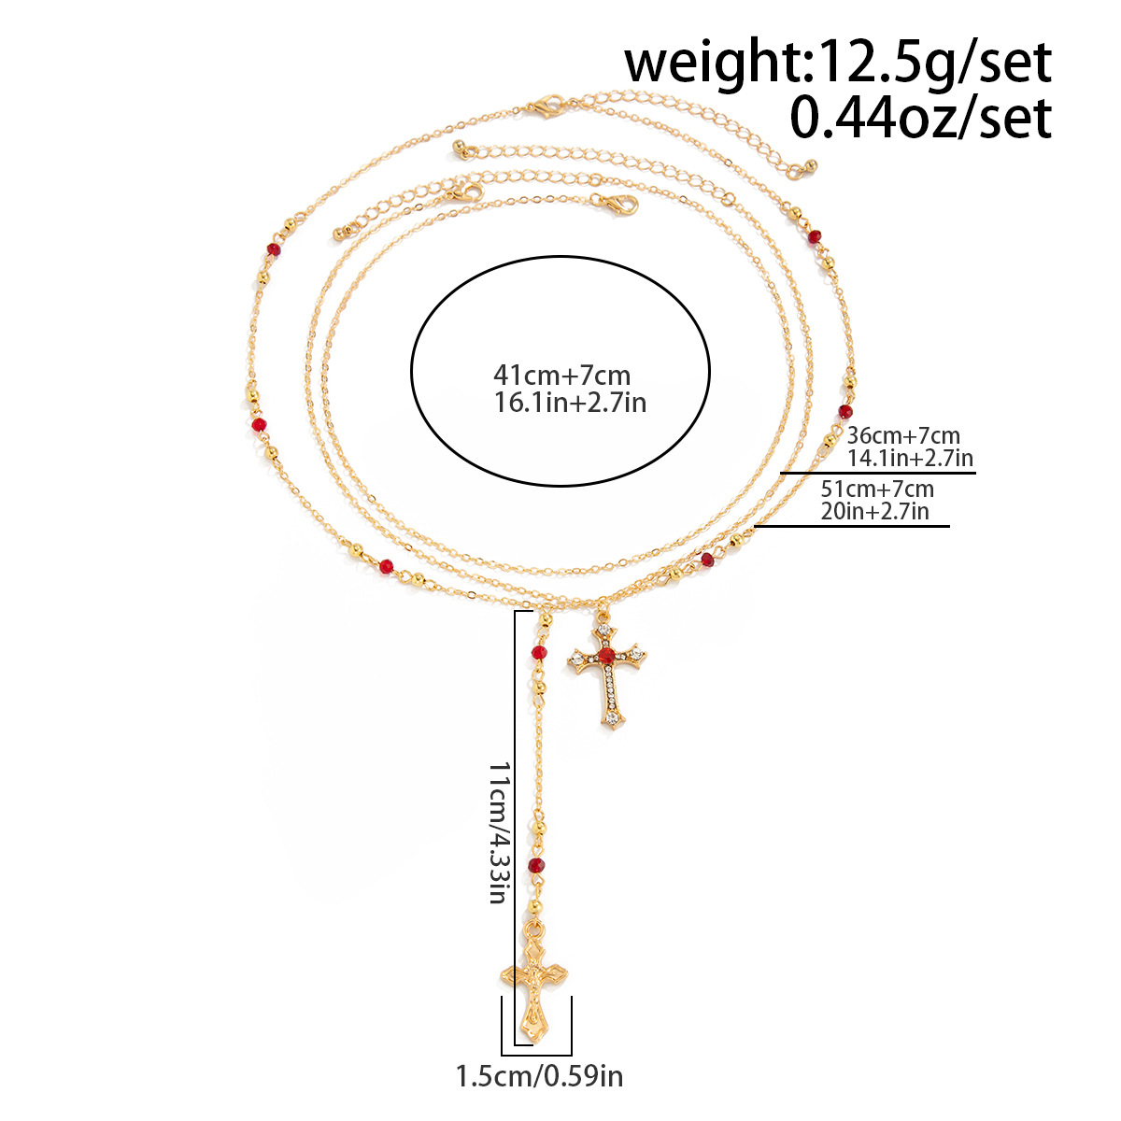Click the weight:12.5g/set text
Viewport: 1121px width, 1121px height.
point(838,64)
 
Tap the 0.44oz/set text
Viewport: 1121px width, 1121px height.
point(921,118)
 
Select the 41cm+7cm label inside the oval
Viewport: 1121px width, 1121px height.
point(562,376)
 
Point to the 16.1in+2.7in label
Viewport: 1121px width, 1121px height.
point(570,403)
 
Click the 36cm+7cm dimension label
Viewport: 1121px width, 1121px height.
point(902,435)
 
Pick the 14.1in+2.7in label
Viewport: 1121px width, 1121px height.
point(910,458)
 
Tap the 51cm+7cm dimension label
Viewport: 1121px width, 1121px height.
point(877,489)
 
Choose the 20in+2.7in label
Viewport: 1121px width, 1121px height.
point(875,511)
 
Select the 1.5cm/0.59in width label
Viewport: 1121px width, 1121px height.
point(539,1092)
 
